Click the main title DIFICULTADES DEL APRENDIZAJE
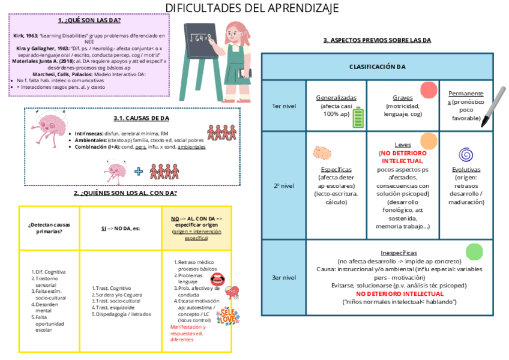click(252, 8)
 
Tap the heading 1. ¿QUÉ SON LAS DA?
click(89, 20)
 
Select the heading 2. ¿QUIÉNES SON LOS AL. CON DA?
click(125, 193)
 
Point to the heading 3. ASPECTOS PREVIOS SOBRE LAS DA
click(377, 40)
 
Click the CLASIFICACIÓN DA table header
click(377, 67)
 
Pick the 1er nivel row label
click(284, 106)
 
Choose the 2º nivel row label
click(284, 186)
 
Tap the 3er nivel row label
click(284, 277)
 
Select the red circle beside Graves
click(429, 90)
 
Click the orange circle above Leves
click(429, 141)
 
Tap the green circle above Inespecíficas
click(474, 251)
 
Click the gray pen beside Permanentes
click(493, 108)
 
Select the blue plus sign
click(139, 171)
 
